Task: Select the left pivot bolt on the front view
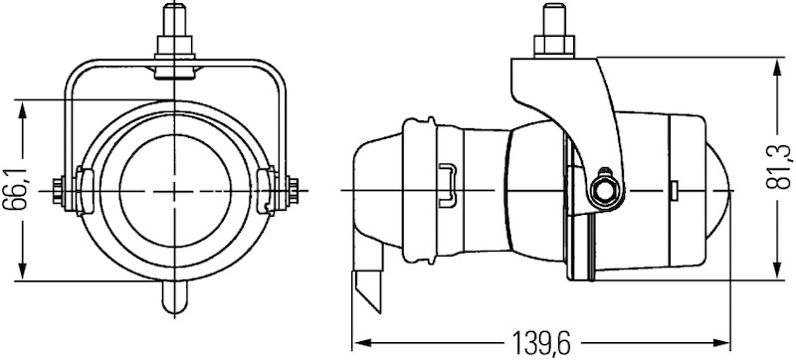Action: coord(62,189)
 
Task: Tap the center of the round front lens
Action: coord(175,189)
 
